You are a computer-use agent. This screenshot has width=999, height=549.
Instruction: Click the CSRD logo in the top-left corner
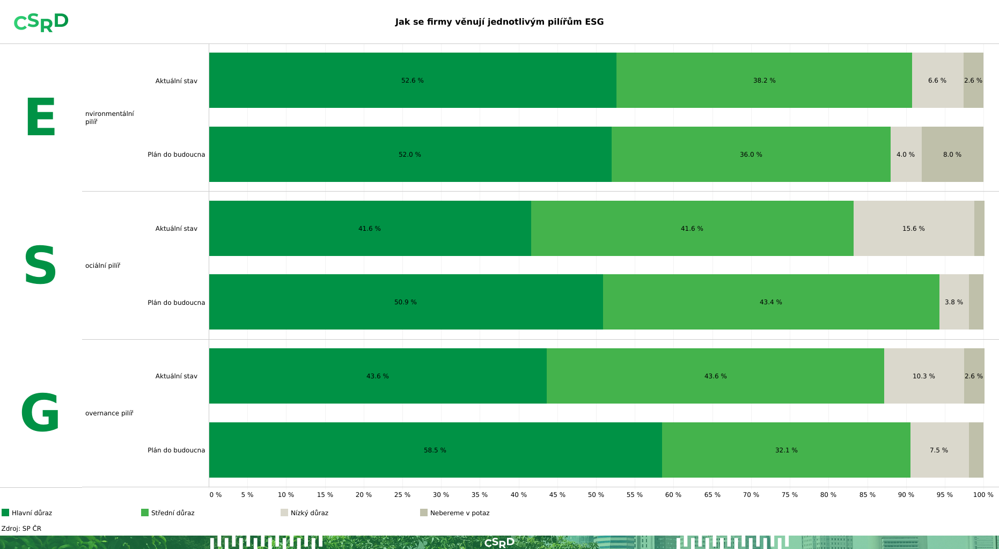41,23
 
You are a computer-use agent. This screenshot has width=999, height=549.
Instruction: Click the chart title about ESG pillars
499,22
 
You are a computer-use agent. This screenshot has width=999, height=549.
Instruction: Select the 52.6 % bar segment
412,80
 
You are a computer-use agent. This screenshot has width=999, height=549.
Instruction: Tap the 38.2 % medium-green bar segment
763,80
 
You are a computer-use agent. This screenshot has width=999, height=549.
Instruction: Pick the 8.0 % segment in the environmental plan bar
952,155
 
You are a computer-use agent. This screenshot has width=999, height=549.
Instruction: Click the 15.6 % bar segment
913,229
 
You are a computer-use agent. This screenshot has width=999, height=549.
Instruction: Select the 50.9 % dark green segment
405,302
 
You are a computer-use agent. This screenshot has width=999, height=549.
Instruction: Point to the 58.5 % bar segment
435,450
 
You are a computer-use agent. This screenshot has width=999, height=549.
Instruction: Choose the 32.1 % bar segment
785,450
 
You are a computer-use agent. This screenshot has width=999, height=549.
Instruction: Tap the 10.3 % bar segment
923,376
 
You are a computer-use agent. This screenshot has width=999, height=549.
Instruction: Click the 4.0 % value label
905,155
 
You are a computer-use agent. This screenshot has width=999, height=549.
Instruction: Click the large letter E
40,118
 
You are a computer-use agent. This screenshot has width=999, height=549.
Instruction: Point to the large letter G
40,413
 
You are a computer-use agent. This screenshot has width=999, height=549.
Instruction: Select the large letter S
40,266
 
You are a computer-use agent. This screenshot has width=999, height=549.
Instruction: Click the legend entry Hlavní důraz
32,513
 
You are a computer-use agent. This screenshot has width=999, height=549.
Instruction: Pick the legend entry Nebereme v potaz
459,513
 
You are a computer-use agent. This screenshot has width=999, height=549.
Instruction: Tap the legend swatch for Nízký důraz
284,513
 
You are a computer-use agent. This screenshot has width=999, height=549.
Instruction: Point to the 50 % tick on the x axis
596,495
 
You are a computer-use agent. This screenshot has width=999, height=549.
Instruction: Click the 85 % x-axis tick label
867,495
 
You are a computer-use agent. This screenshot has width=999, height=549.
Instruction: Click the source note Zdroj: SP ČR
21,529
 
